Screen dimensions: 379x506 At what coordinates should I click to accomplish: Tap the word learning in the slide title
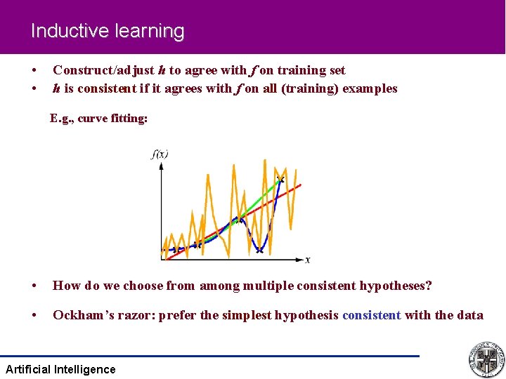click(151, 32)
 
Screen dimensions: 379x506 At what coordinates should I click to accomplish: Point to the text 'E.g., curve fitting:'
click(98, 119)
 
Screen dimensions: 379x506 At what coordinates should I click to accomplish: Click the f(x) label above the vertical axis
click(160, 154)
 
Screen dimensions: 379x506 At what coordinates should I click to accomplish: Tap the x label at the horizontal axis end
click(308, 260)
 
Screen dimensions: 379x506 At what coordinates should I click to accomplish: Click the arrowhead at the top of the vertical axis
click(162, 166)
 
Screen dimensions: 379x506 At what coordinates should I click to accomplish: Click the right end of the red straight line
click(300, 185)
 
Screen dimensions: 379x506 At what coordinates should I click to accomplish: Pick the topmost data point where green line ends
click(281, 180)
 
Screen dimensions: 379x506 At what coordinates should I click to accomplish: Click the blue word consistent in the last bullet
click(371, 315)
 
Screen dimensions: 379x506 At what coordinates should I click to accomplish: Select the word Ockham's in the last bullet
click(84, 315)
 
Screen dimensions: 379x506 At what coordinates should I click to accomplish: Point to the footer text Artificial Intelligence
click(60, 369)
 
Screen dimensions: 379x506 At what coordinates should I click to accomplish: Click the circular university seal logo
click(485, 360)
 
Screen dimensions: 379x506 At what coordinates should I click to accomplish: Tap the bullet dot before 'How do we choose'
click(34, 286)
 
